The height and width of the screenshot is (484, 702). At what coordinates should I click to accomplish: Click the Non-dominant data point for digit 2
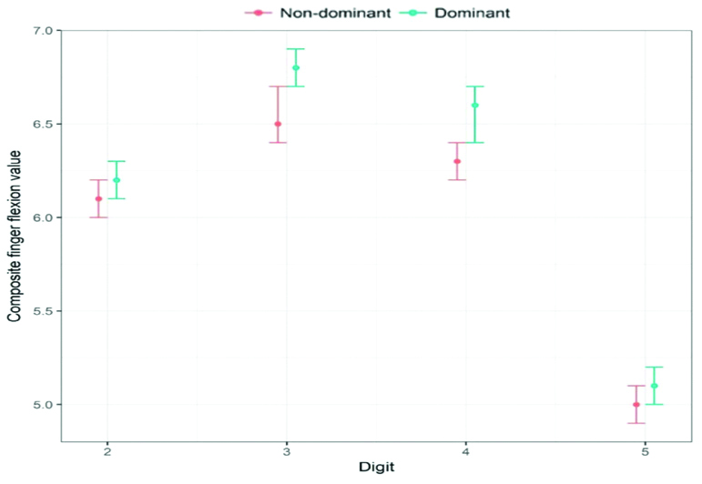(98, 198)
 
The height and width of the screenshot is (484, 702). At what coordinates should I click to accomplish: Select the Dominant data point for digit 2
(117, 180)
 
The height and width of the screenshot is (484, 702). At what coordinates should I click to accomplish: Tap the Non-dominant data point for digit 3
(278, 124)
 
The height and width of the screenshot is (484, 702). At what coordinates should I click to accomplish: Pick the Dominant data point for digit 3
(296, 68)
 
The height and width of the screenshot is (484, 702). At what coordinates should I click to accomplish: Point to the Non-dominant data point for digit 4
(457, 161)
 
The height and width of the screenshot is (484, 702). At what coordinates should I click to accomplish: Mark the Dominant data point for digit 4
(474, 106)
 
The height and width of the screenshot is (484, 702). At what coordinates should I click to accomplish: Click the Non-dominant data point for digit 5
(636, 404)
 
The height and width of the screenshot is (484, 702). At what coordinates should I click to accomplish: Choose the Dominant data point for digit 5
(654, 386)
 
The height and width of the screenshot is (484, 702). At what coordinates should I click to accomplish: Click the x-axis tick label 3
(287, 451)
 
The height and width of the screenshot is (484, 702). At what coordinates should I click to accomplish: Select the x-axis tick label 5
(645, 451)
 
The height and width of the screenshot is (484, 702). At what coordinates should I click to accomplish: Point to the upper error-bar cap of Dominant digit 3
(296, 49)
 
